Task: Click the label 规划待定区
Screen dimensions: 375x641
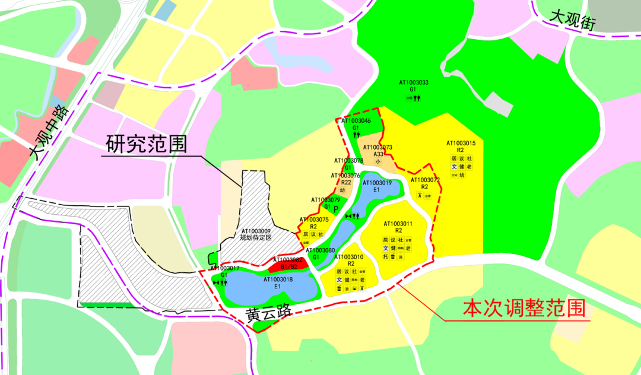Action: tap(255, 238)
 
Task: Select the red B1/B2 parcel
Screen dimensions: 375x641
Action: tap(289, 265)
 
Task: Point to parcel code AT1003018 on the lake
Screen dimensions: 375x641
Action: tap(278, 279)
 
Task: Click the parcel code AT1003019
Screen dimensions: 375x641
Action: tap(376, 183)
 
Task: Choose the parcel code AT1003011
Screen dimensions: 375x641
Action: tap(398, 224)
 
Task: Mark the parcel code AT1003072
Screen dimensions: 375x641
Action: tap(425, 180)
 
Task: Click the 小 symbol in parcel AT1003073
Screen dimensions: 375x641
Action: tap(377, 161)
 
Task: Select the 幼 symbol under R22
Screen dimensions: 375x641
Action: tap(342, 190)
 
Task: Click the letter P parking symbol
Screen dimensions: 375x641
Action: tap(335, 209)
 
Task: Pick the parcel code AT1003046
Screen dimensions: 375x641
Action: tap(356, 121)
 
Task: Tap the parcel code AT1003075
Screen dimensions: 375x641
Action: tap(314, 220)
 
